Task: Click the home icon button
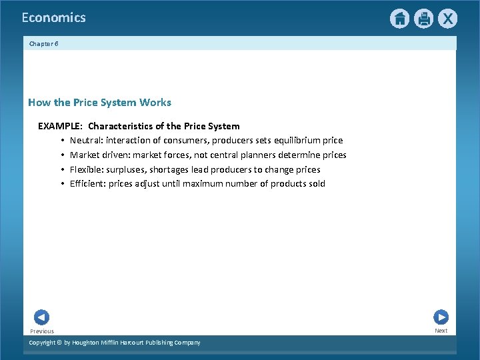tap(399, 19)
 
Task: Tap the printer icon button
tap(423, 19)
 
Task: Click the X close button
tap(447, 19)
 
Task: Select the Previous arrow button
tap(41, 318)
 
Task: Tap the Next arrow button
tap(441, 317)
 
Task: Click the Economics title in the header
tap(53, 18)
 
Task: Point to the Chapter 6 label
tap(43, 43)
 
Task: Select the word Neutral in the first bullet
tap(85, 141)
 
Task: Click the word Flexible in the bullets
tap(87, 169)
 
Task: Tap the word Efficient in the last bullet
tap(87, 183)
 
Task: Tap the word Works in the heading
tap(155, 103)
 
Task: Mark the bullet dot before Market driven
tap(62, 155)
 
